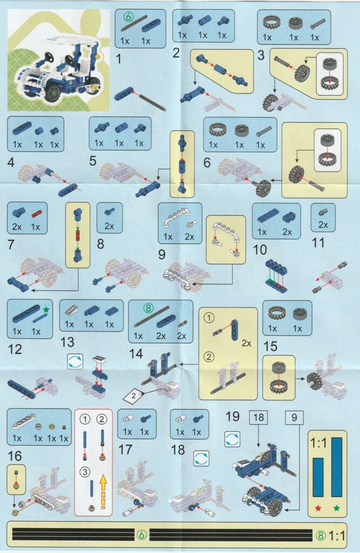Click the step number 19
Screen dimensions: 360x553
click(233, 416)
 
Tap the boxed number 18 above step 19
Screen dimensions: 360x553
click(259, 417)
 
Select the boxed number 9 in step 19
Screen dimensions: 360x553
click(294, 417)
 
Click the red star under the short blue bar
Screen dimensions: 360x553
click(318, 508)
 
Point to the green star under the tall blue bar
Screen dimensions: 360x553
click(337, 508)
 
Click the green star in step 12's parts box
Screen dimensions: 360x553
click(46, 309)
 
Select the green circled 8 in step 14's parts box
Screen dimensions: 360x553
click(148, 308)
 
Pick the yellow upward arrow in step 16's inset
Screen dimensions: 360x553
click(103, 491)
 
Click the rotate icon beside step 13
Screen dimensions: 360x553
click(75, 361)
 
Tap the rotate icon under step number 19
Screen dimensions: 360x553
click(232, 440)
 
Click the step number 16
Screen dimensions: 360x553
click(15, 456)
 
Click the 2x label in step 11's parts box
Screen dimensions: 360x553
click(323, 225)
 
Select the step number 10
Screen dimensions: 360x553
click(260, 249)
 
